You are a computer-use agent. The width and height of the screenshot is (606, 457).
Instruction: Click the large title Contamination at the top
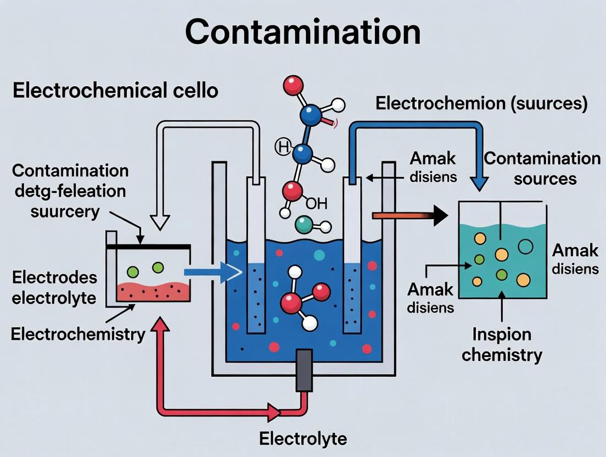click(302, 32)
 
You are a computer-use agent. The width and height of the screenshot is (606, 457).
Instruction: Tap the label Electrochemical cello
click(115, 91)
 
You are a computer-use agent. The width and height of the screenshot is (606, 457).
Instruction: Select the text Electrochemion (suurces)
click(481, 103)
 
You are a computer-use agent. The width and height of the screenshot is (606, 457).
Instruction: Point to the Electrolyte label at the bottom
click(303, 439)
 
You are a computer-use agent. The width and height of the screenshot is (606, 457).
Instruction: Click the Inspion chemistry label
click(502, 344)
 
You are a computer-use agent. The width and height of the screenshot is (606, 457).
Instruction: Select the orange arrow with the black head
click(409, 216)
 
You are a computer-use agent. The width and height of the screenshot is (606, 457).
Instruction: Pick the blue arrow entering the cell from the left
click(211, 271)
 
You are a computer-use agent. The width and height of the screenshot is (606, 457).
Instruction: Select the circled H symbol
click(283, 147)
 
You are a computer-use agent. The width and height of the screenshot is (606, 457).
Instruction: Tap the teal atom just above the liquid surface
click(303, 224)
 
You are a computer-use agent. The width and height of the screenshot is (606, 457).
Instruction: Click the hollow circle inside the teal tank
click(525, 247)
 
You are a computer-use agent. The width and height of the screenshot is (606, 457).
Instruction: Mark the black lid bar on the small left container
click(148, 247)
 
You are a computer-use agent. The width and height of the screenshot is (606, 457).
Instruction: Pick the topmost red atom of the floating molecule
click(294, 85)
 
